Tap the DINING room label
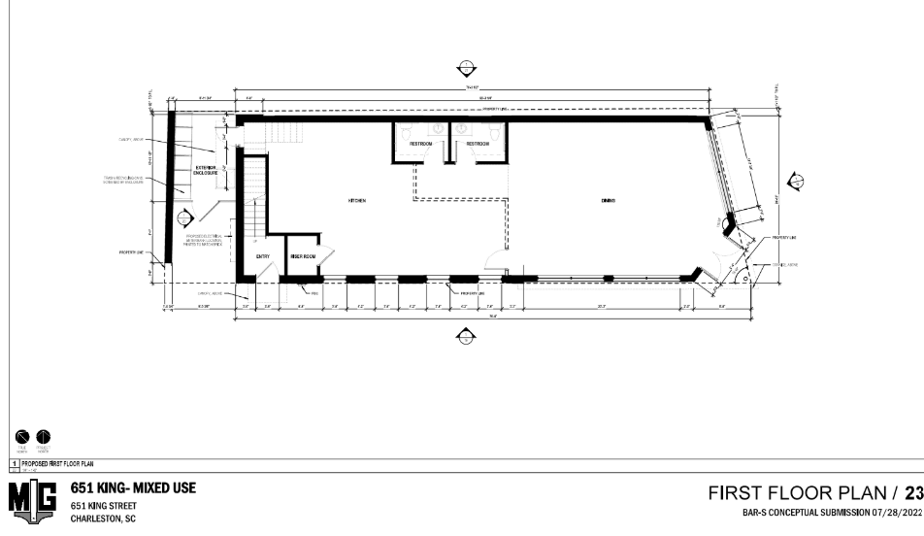(609, 201)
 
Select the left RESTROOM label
(419, 144)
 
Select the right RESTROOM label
(477, 144)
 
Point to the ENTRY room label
(262, 256)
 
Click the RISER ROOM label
(304, 256)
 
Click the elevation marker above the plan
(467, 67)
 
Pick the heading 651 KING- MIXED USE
(131, 488)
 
